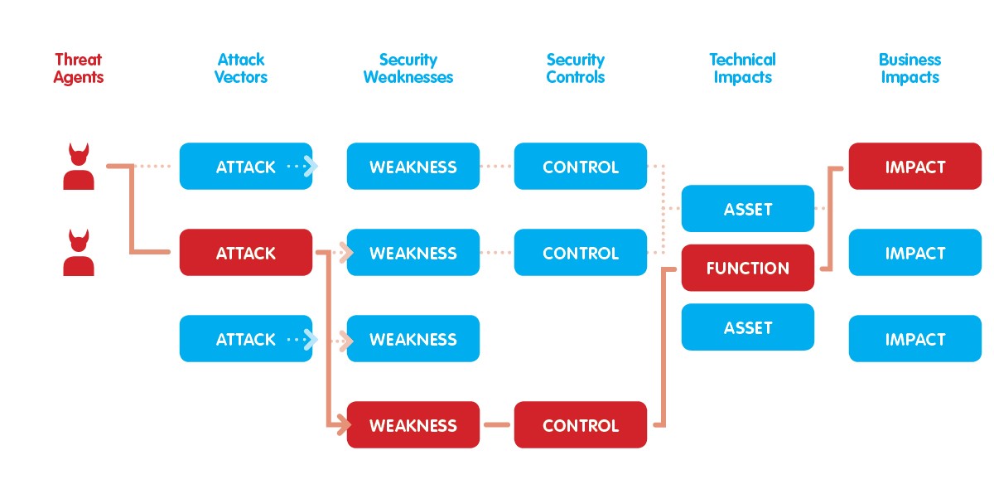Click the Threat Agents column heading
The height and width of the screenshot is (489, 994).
click(x=79, y=69)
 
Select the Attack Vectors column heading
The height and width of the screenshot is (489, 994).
click(x=241, y=69)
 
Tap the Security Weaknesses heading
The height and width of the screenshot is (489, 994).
click(x=408, y=69)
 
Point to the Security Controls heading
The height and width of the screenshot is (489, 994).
click(x=576, y=69)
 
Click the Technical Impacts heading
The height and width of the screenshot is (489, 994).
click(x=742, y=69)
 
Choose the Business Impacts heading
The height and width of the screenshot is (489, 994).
click(x=910, y=69)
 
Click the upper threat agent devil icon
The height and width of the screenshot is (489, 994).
click(x=79, y=167)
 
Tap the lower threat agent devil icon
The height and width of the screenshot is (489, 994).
click(x=79, y=253)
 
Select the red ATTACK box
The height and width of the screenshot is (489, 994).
click(x=246, y=253)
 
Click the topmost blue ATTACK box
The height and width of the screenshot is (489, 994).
click(x=246, y=167)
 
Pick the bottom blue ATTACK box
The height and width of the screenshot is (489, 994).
click(x=246, y=339)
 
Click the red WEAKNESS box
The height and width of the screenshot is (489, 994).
click(x=413, y=425)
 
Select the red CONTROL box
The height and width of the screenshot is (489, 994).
click(x=581, y=425)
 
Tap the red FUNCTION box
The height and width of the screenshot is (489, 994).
click(x=748, y=269)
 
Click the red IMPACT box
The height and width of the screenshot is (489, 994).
click(x=915, y=167)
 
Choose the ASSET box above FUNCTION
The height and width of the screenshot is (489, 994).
click(x=748, y=209)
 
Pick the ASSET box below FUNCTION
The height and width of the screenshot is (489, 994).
click(x=748, y=327)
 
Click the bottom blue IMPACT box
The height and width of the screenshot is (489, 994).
click(x=915, y=339)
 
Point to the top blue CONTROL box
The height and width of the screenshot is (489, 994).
click(x=581, y=167)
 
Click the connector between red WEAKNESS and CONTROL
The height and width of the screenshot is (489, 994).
click(x=497, y=425)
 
